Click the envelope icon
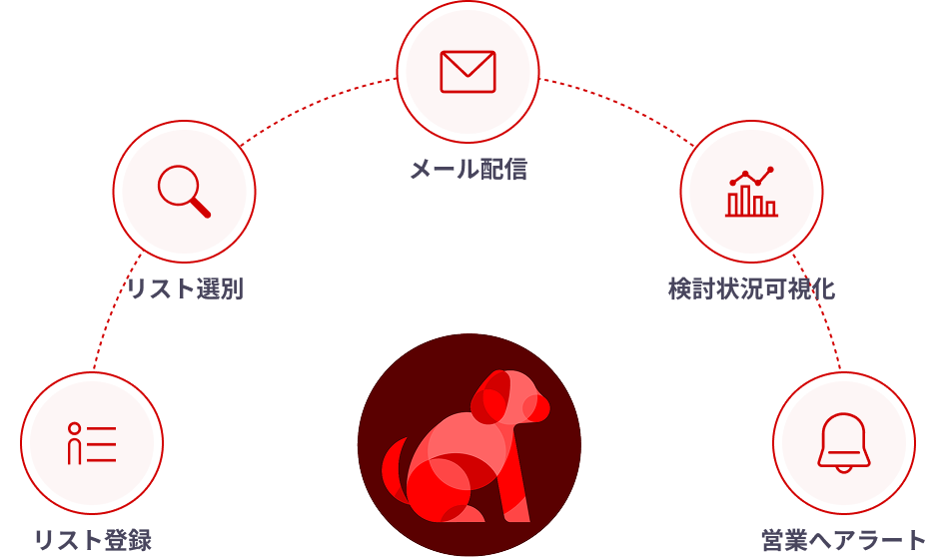[468, 71]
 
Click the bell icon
[844, 443]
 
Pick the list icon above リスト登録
[92, 443]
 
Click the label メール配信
[468, 169]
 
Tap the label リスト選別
[184, 289]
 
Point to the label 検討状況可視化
[751, 289]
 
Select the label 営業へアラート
[844, 540]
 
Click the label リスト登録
[92, 540]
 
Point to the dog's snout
[537, 407]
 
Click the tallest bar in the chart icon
[744, 200]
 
